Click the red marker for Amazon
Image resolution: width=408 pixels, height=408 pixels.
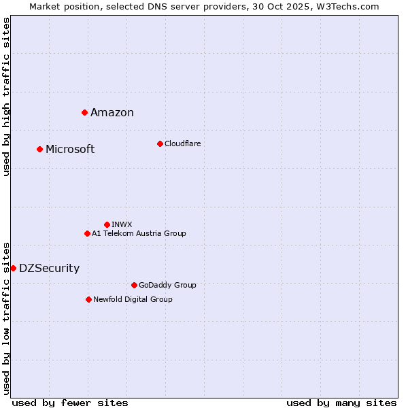click(84, 112)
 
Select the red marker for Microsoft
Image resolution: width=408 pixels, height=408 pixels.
click(39, 149)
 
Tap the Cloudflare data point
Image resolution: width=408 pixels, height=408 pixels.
click(160, 143)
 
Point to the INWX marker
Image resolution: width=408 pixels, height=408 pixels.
click(107, 224)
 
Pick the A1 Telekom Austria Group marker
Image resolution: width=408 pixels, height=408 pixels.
click(87, 233)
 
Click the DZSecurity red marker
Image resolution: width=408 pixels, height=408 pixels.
click(13, 268)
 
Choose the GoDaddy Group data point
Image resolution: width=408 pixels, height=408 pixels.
click(134, 285)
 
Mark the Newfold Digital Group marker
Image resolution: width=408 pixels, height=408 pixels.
click(88, 299)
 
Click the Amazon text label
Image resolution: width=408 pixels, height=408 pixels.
click(112, 113)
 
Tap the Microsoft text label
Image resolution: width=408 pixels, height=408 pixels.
click(70, 150)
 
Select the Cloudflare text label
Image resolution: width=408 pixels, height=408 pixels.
click(182, 143)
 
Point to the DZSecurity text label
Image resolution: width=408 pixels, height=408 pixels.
click(49, 269)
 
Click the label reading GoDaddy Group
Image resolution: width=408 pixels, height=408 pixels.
click(167, 285)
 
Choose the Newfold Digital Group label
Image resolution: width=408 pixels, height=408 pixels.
click(133, 299)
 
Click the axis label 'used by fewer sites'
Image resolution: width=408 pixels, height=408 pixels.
click(70, 403)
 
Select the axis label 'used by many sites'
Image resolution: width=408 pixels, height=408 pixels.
click(341, 403)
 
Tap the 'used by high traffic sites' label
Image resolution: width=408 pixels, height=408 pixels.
click(6, 97)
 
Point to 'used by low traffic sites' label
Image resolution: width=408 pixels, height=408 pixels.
click(6, 318)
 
